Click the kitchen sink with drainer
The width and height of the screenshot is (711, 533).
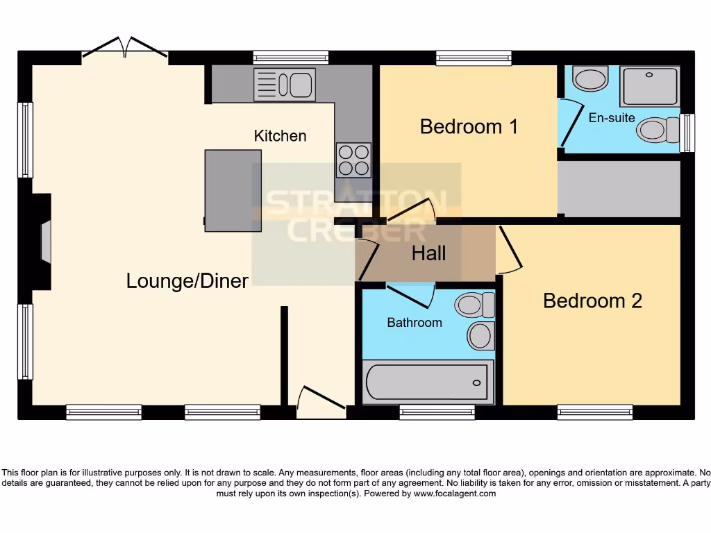point(285,85)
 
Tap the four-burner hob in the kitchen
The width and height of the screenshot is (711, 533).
point(353,160)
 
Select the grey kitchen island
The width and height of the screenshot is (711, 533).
point(233,190)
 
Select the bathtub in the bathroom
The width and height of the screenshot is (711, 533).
point(428,382)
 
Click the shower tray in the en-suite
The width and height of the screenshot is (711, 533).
point(649,87)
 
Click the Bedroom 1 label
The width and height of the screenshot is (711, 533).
point(469,127)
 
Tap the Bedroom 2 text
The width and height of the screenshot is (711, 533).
point(592,301)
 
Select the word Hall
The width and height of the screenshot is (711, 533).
point(428,253)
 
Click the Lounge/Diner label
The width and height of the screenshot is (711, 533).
point(187,281)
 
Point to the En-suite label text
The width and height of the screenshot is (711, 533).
point(611,118)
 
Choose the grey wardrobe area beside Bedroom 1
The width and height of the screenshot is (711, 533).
point(619,189)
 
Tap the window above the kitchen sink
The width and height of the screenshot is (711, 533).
point(290,58)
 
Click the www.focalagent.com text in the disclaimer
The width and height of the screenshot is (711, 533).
point(455,494)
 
